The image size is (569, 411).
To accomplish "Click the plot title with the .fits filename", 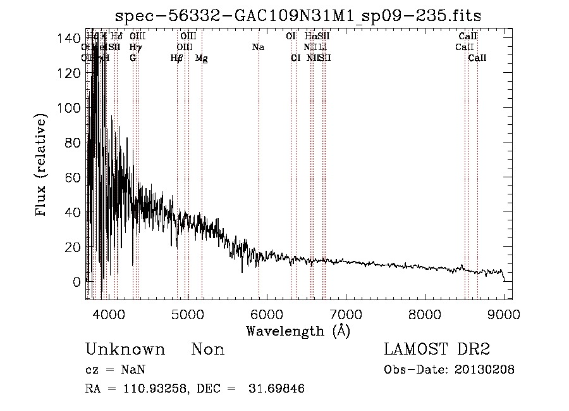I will pos(295,16).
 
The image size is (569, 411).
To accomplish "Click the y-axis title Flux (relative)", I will pos(42,166).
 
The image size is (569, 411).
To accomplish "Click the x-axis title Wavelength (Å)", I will pos(298,331).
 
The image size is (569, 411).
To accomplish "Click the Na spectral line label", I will pos(258,47).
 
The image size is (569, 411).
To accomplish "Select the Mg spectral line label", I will pos(202,58).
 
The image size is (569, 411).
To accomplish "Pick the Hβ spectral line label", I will pos(176,58).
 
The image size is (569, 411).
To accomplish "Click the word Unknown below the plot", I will pos(125,350).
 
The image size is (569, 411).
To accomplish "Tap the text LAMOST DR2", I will pos(437,350).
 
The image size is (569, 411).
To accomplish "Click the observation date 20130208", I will pos(485,370).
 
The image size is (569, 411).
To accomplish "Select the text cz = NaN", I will pos(118,370).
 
